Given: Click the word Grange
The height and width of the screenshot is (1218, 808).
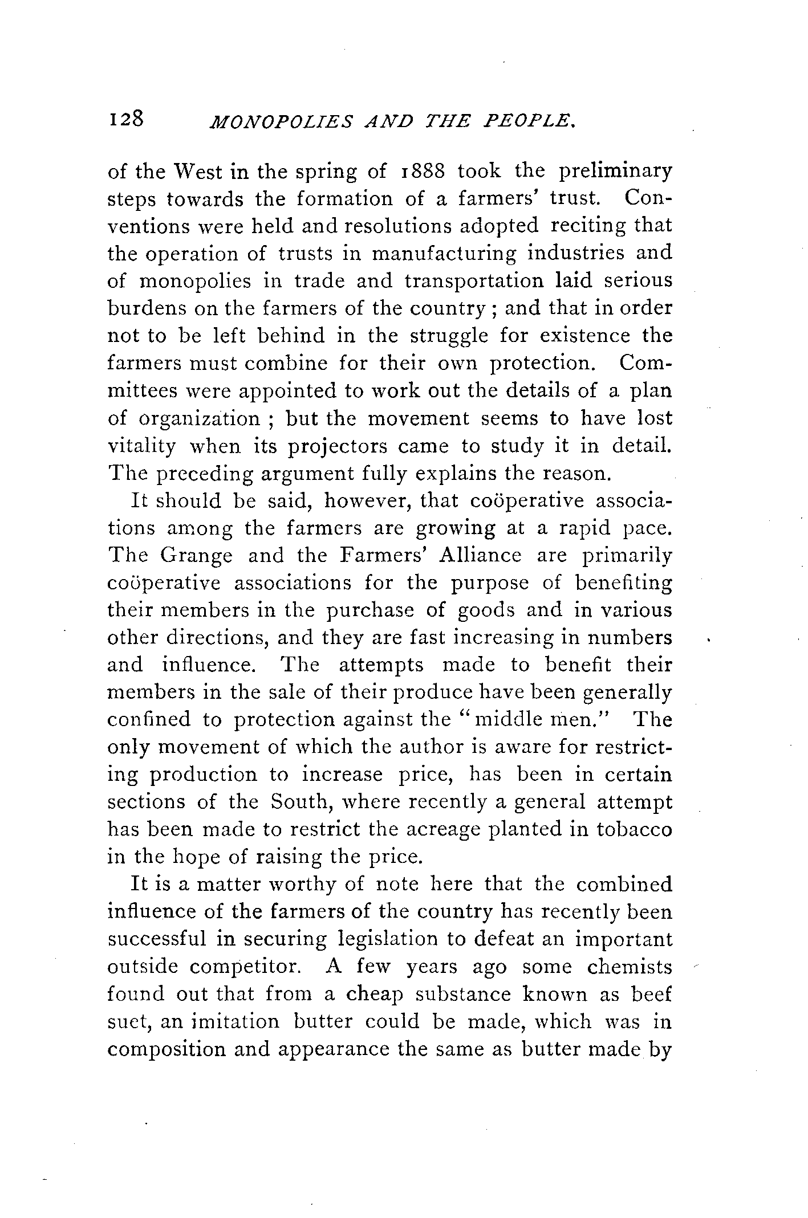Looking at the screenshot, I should (x=196, y=556).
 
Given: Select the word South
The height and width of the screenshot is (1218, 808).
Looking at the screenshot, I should (x=300, y=802).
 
